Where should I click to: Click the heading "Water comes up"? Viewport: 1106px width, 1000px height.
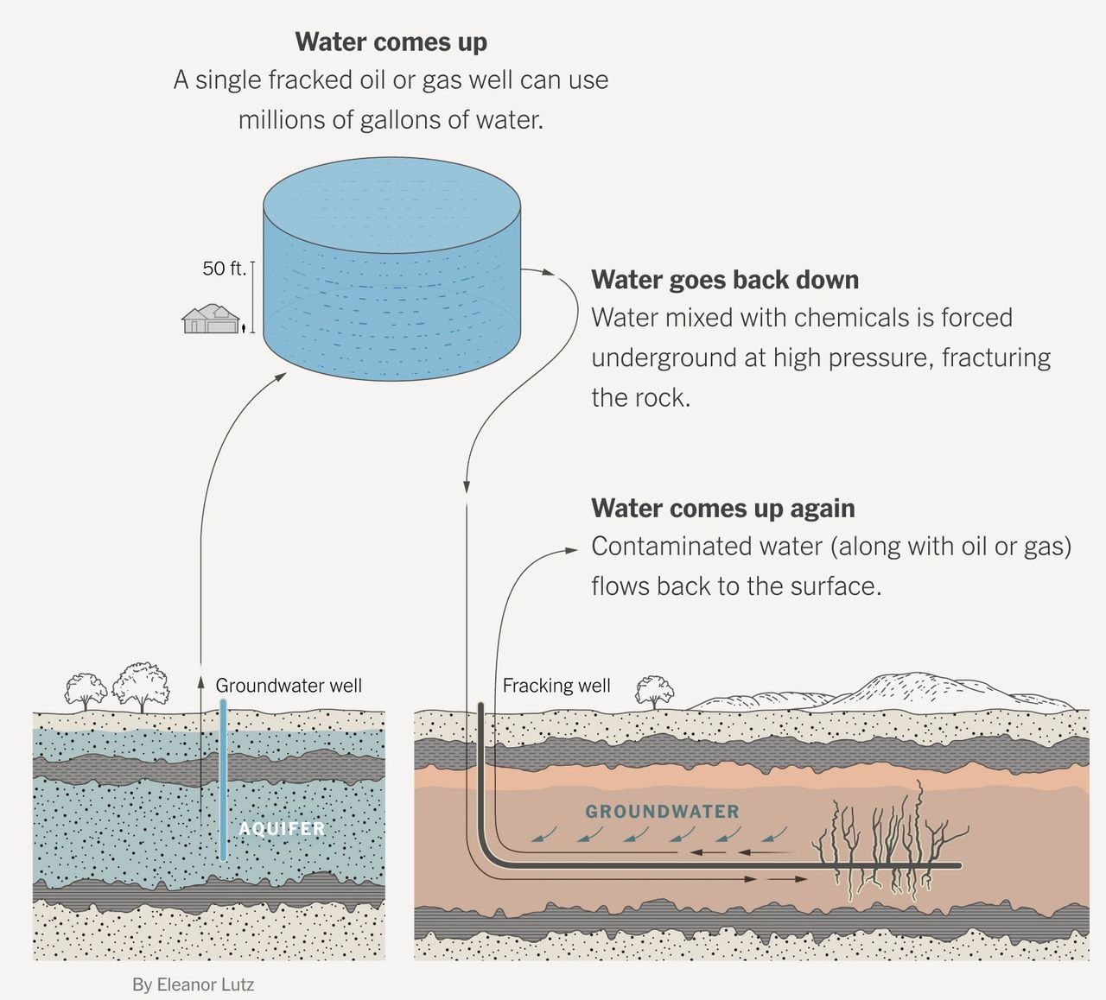391,41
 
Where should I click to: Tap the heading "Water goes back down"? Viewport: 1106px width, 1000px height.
724,280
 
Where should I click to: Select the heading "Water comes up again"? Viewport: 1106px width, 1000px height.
722,508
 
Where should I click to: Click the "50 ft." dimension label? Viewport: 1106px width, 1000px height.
224,269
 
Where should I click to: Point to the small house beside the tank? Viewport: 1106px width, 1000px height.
211,319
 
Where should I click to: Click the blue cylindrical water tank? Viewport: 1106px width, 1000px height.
391,276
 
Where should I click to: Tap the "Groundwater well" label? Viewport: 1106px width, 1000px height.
289,686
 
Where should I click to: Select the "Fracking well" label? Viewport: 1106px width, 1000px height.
556,686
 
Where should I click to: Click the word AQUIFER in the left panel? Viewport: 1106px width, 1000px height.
282,829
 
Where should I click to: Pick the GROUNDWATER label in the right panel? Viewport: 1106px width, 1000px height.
662,812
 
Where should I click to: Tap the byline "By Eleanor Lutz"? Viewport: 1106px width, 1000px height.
193,984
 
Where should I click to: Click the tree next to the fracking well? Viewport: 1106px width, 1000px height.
654,692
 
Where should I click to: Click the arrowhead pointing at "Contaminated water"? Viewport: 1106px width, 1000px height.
571,549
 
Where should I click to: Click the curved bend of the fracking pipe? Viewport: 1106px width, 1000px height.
489,854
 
